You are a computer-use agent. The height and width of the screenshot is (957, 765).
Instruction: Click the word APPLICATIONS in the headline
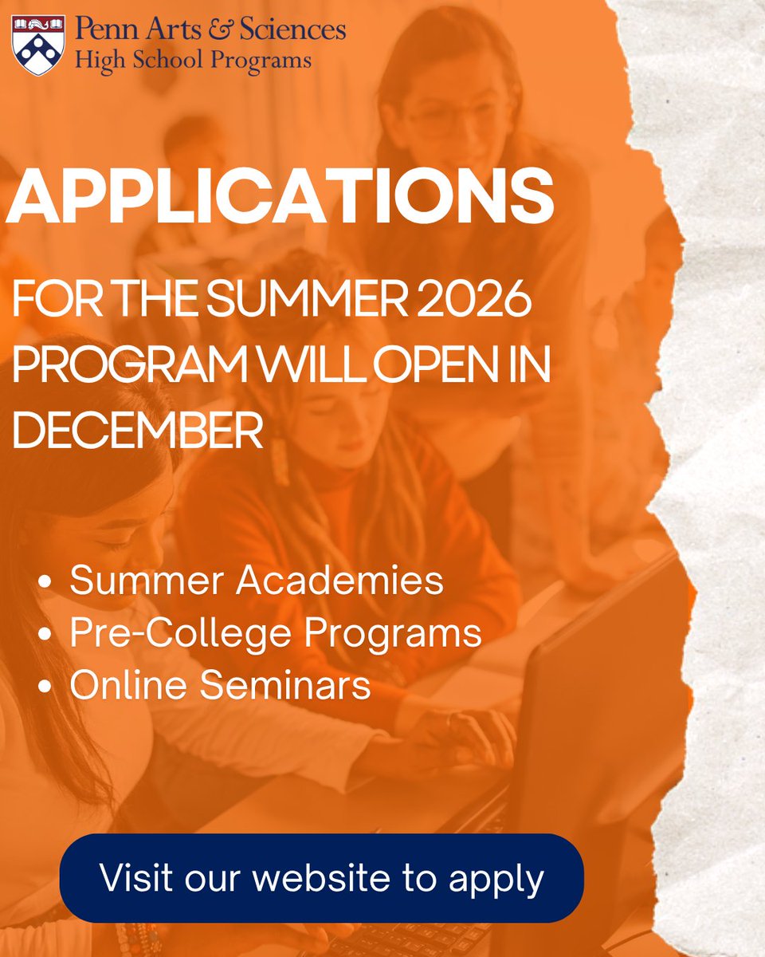pyautogui.click(x=280, y=197)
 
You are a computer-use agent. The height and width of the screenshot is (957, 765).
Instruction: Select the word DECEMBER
pyautogui.click(x=138, y=431)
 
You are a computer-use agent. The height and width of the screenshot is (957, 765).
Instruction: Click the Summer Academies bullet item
pyautogui.click(x=256, y=580)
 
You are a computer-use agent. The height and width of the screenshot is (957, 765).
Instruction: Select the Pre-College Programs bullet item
pyautogui.click(x=275, y=633)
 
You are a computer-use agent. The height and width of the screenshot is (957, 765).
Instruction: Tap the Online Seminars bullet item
pyautogui.click(x=220, y=686)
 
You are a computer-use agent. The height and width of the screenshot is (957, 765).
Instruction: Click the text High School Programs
pyautogui.click(x=193, y=60)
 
